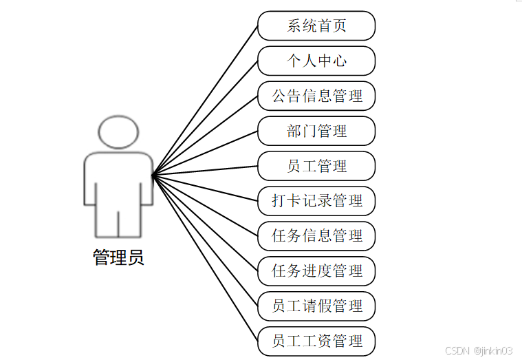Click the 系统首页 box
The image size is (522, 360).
[x=316, y=26]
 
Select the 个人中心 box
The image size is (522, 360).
[x=316, y=61]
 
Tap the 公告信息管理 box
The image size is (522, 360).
[x=316, y=96]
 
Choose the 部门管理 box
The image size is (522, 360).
[x=316, y=131]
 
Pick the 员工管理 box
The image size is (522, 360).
[x=316, y=166]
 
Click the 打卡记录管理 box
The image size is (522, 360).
[x=316, y=201]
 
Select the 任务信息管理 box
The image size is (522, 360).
[x=316, y=236]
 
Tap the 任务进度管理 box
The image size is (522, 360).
[x=316, y=271]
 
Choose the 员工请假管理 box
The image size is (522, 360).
[x=316, y=306]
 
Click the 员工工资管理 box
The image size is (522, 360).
[x=316, y=341]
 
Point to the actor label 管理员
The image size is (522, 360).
[x=118, y=258]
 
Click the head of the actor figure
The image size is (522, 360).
[x=118, y=132]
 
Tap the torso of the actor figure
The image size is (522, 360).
[x=118, y=179]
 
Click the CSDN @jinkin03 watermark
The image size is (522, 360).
[x=479, y=350]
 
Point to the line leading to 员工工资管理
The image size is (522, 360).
[x=206, y=259]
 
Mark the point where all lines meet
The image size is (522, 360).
[x=153, y=174]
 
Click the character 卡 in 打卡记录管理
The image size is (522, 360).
[x=294, y=201]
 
